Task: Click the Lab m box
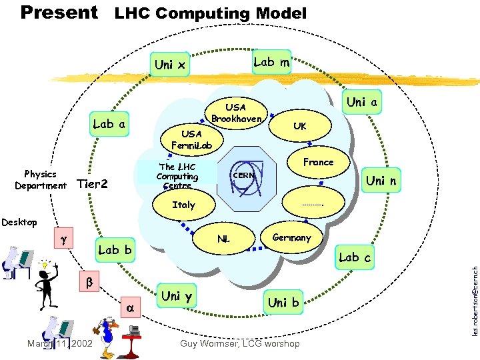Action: [271, 62]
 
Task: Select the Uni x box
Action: [170, 65]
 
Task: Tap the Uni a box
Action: [363, 102]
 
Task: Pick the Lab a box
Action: [110, 123]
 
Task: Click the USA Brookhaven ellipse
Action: [236, 113]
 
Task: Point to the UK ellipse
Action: [300, 126]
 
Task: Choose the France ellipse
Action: [318, 162]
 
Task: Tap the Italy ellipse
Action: [183, 205]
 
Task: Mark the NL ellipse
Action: [225, 237]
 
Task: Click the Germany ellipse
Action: [291, 237]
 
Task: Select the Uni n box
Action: [382, 181]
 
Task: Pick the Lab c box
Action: [355, 257]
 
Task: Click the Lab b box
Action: [115, 250]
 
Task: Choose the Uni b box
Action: [283, 303]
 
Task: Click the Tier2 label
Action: [93, 184]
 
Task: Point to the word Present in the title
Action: [59, 12]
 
